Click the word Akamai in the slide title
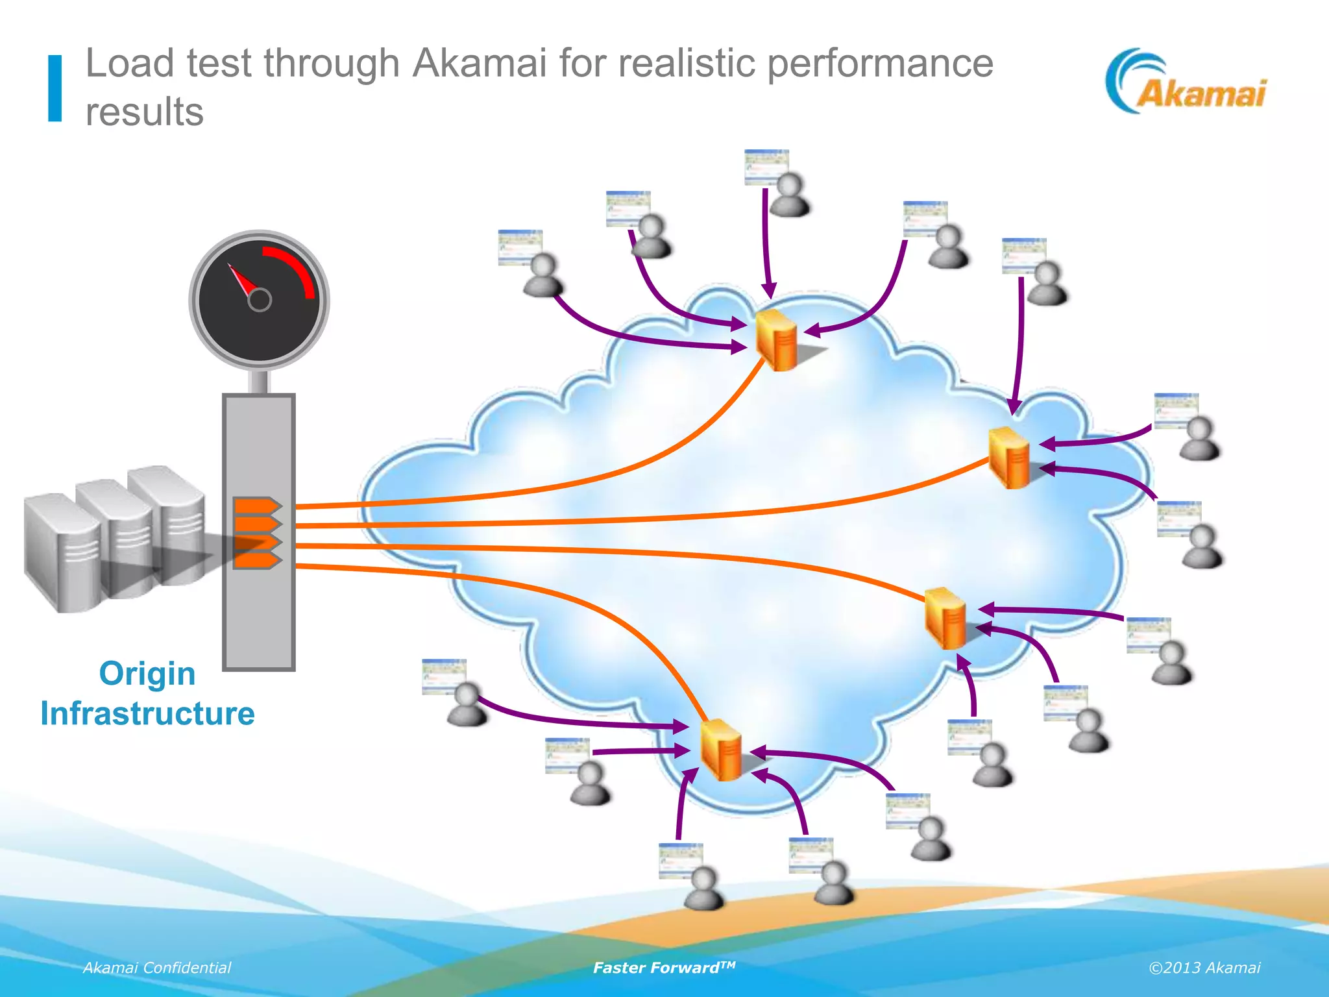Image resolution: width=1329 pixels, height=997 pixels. [480, 64]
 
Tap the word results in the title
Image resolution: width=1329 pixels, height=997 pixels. [144, 112]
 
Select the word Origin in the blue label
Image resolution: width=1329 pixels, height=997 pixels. [147, 674]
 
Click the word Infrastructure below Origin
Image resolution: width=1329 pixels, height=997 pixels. [147, 714]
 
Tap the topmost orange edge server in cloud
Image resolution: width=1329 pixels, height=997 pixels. [776, 340]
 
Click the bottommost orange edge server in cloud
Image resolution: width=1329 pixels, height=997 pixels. [721, 750]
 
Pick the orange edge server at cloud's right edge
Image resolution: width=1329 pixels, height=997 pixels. [1009, 457]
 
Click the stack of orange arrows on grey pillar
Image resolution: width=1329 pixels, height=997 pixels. [256, 533]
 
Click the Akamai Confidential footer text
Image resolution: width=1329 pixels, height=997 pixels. [156, 968]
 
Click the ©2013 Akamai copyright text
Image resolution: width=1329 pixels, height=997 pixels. [1204, 968]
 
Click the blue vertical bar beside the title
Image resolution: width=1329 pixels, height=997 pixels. [55, 88]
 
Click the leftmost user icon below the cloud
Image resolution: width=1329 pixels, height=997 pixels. [466, 704]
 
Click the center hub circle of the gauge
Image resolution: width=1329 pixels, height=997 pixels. [260, 300]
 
